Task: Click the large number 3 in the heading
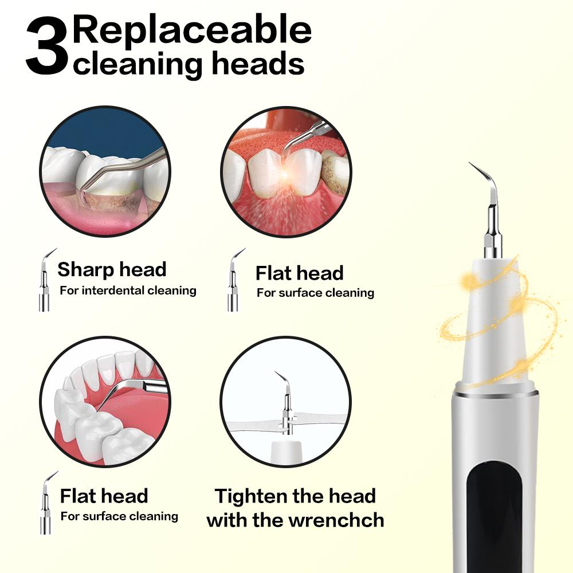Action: coord(47,46)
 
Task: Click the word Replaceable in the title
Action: coord(192,31)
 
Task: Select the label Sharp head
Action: coord(112,269)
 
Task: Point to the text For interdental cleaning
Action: coord(128,291)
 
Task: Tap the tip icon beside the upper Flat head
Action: coord(234,280)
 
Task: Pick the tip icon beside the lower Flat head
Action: coord(48,503)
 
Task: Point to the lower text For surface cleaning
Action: coord(120,516)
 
